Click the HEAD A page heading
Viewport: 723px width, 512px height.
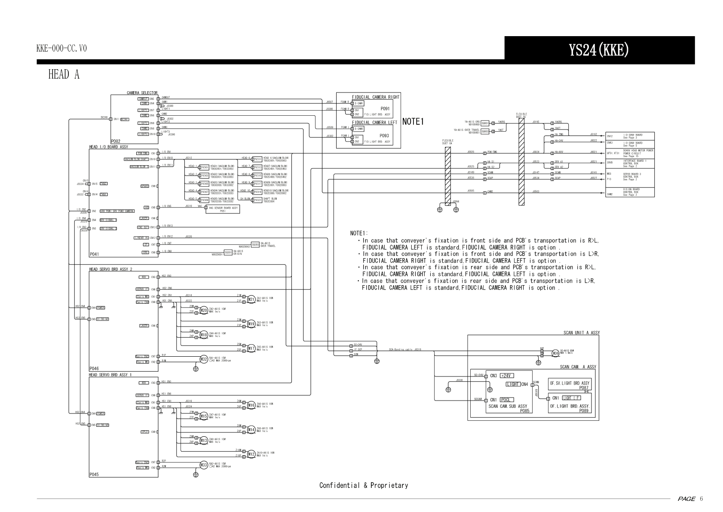pyautogui.click(x=64, y=74)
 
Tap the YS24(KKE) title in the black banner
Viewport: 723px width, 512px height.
pyautogui.click(x=599, y=50)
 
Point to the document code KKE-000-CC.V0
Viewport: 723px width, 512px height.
pyautogui.click(x=61, y=48)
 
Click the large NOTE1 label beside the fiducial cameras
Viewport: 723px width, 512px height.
pyautogui.click(x=413, y=122)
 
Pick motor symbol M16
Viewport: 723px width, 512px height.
pyautogui.click(x=251, y=405)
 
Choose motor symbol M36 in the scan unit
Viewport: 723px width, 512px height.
pyautogui.click(x=555, y=353)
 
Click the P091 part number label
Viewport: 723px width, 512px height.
pyautogui.click(x=385, y=109)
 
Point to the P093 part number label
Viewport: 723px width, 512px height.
pyautogui.click(x=385, y=136)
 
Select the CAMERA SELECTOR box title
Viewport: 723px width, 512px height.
pyautogui.click(x=142, y=93)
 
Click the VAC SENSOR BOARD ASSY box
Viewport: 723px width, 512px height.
pyautogui.click(x=223, y=209)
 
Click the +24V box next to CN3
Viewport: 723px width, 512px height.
pyautogui.click(x=507, y=376)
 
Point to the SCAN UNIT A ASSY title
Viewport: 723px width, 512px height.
pyautogui.click(x=581, y=333)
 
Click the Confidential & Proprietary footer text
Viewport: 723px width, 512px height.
pyautogui.click(x=363, y=485)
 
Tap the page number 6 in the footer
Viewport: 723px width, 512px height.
pyautogui.click(x=701, y=499)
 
